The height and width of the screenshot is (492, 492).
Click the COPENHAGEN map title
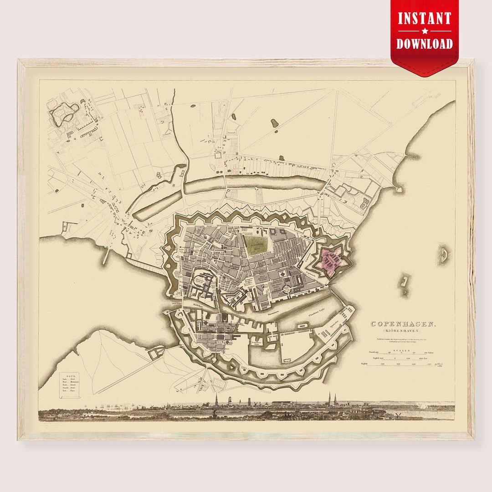(404, 324)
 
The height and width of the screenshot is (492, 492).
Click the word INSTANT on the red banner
(424, 19)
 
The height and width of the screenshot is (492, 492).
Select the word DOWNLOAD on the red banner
(424, 44)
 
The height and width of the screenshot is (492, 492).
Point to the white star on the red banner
(425, 31)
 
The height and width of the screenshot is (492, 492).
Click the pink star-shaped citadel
(332, 260)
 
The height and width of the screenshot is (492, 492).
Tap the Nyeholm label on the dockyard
(335, 325)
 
